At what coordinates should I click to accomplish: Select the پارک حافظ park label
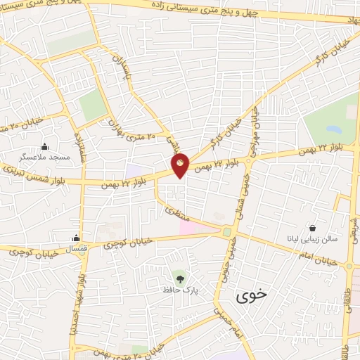click(x=176, y=289)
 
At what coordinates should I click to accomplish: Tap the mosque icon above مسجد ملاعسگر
click(x=45, y=146)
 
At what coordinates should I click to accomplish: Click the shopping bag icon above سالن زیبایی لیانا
click(x=311, y=228)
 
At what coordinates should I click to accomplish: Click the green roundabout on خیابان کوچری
click(x=227, y=231)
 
